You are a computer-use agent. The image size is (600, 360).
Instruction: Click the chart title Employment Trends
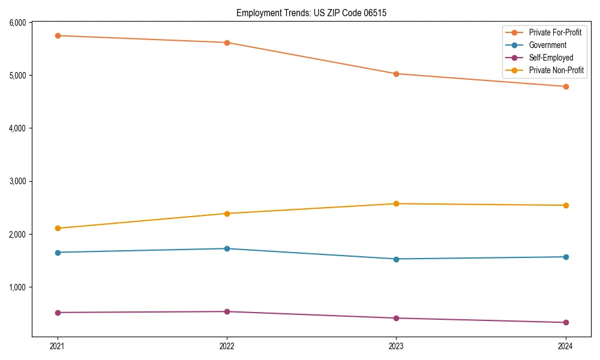coord(311,13)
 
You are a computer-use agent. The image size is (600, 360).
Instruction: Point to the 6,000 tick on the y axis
coord(17,23)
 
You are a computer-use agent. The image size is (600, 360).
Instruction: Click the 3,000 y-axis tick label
coord(17,181)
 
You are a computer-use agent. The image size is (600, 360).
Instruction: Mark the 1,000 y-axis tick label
coord(17,287)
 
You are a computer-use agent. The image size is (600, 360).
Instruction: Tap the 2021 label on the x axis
coord(58,346)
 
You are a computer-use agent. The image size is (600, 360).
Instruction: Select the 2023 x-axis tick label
coord(396,346)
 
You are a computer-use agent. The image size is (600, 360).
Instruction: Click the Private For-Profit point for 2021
coord(58,35)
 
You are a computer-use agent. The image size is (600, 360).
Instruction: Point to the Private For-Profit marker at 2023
coord(396,74)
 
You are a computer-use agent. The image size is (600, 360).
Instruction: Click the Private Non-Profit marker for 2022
coord(227,214)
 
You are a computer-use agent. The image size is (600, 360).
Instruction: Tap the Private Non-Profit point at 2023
coord(396,204)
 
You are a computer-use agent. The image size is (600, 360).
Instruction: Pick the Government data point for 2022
coord(227,248)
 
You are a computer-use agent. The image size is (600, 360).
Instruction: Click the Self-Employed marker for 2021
coord(58,313)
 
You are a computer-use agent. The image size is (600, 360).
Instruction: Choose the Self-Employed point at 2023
coord(396,318)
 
